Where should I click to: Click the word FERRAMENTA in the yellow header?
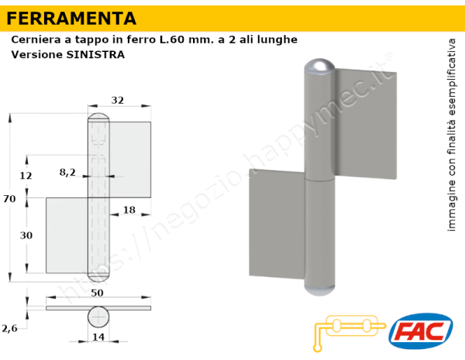tap(71, 18)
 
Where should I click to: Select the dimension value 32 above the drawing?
tap(118, 100)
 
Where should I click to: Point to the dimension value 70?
tap(9, 199)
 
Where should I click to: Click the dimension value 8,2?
tap(67, 173)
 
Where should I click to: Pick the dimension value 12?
tap(26, 176)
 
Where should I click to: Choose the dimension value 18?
tap(129, 211)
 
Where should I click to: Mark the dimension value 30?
tap(26, 235)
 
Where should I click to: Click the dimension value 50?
tap(98, 293)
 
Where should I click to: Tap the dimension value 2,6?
tap(9, 328)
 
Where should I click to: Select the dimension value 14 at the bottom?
tap(98, 338)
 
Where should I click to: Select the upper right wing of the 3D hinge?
tap(366, 124)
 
